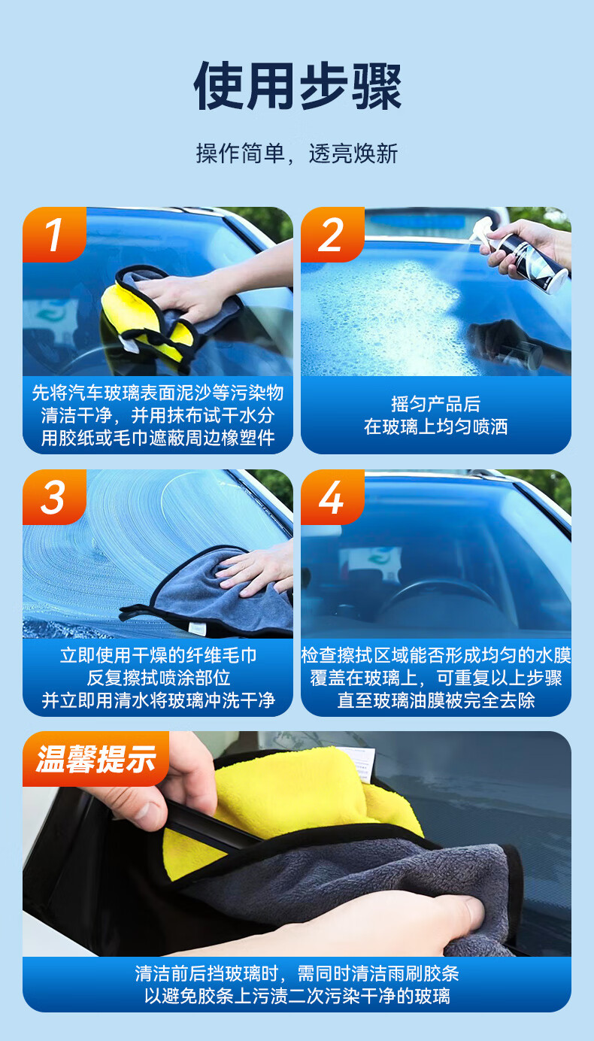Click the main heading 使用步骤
tap(297, 86)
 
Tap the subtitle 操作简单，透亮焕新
tap(297, 153)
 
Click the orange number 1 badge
tap(54, 234)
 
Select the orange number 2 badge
tap(332, 234)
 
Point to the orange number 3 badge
tap(54, 496)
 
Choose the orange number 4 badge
tap(332, 496)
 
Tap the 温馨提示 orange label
tap(95, 760)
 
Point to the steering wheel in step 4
tap(437, 604)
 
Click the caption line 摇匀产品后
tap(435, 404)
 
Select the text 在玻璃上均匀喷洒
tap(435, 426)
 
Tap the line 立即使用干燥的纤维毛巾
tap(158, 655)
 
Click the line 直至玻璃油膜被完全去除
tap(435, 700)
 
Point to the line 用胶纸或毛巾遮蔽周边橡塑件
tap(158, 438)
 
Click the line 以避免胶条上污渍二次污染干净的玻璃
tap(297, 997)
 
